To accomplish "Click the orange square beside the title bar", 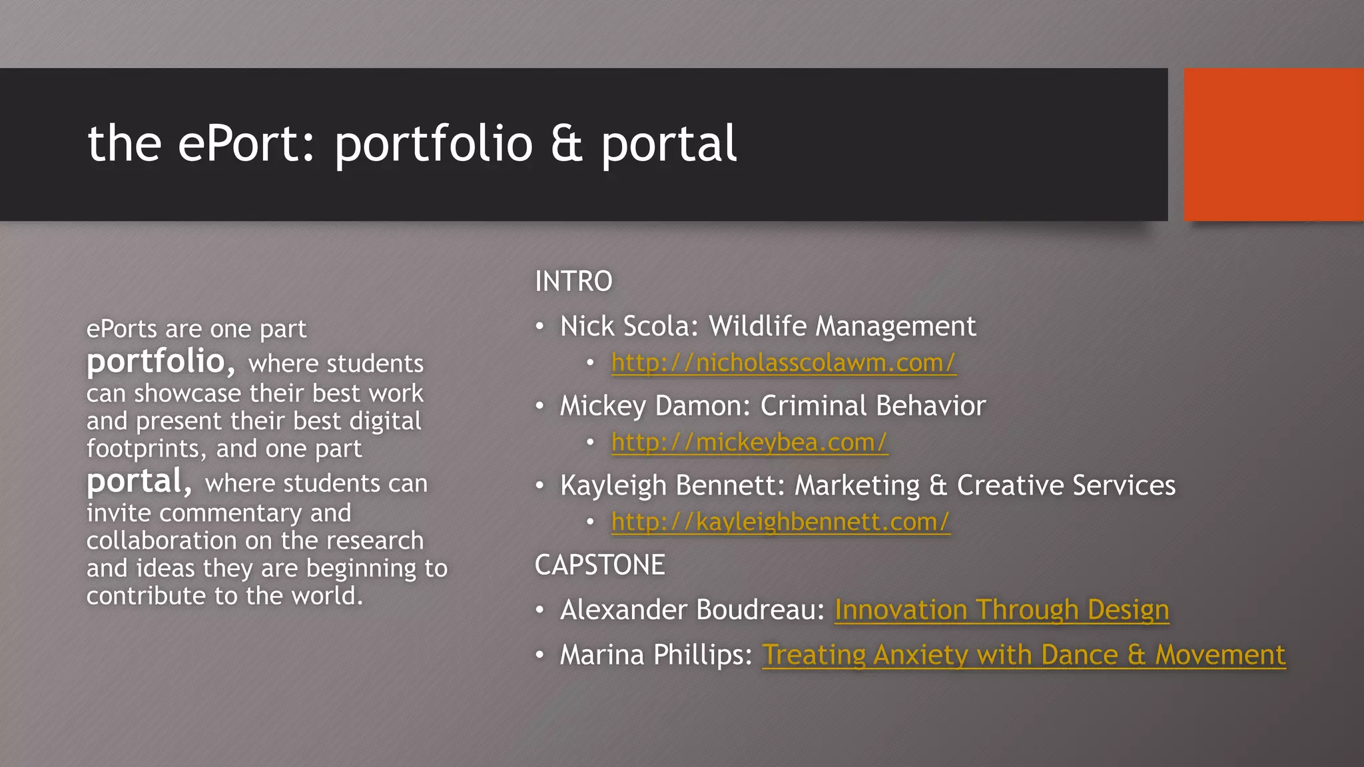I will [1273, 144].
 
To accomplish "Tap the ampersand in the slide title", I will [567, 144].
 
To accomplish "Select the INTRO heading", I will [573, 281].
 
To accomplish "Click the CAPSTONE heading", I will [599, 565].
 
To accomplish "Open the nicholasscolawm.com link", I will [783, 363].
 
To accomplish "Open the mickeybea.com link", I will [749, 443].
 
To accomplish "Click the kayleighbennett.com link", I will [781, 522].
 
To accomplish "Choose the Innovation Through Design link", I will [1001, 610].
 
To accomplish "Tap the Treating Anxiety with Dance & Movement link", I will [1023, 655].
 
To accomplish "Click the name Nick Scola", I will [627, 326].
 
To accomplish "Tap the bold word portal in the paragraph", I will [135, 481].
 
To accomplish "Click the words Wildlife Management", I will [842, 326].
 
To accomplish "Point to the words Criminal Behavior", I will [872, 406].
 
